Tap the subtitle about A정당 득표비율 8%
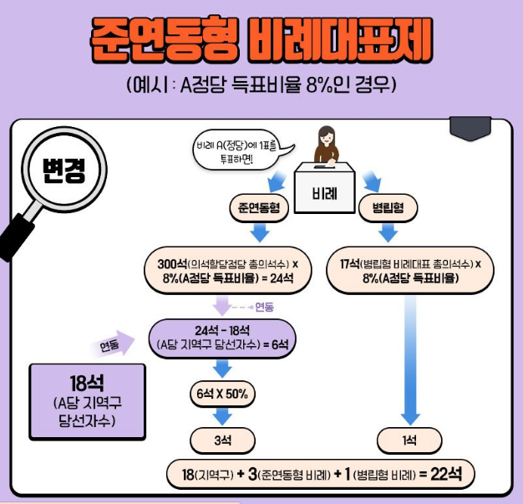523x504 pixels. (x=261, y=86)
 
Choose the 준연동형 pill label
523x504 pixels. (x=259, y=207)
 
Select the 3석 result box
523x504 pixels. (x=221, y=439)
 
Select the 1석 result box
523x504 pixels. (x=410, y=439)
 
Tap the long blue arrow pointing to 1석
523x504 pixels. (x=410, y=359)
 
